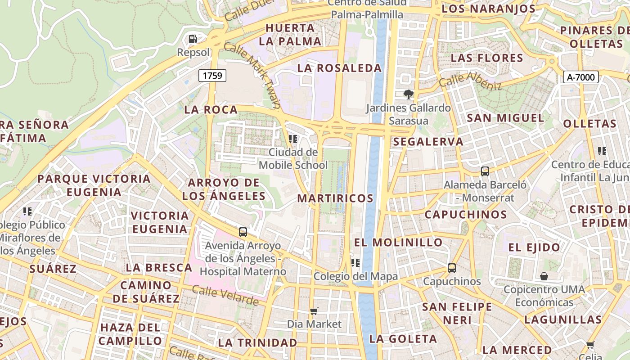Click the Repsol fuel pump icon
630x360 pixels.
click(x=193, y=39)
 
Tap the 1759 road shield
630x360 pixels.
click(x=212, y=75)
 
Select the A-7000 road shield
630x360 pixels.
click(x=580, y=77)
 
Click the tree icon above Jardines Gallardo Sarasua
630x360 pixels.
click(x=409, y=94)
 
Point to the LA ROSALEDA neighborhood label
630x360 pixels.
click(x=339, y=68)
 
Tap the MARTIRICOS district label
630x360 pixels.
click(x=335, y=198)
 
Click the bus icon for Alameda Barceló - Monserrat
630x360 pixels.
click(x=485, y=171)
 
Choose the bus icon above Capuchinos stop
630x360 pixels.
click(x=452, y=268)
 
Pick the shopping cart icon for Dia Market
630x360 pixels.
click(x=314, y=311)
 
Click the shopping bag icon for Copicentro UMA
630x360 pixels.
click(x=544, y=276)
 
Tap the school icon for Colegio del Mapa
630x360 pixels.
click(x=355, y=263)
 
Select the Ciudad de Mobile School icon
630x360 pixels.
click(x=293, y=139)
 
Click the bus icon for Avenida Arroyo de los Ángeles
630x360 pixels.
click(x=243, y=232)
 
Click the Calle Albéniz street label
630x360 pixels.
click(x=470, y=80)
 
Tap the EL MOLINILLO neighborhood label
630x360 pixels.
click(x=398, y=243)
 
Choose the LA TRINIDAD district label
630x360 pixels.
click(x=257, y=342)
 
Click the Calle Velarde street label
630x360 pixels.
click(x=225, y=295)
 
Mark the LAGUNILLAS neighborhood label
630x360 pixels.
click(x=562, y=320)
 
